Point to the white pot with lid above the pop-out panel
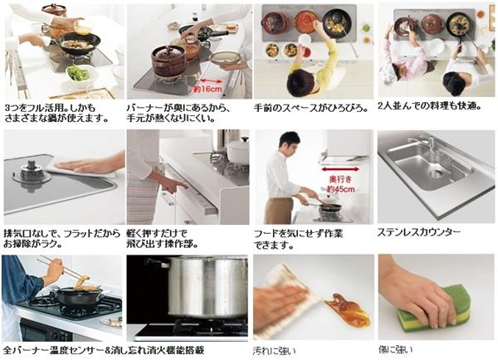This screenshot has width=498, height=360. point(237,150)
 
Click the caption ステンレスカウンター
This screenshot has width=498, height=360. point(418,232)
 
